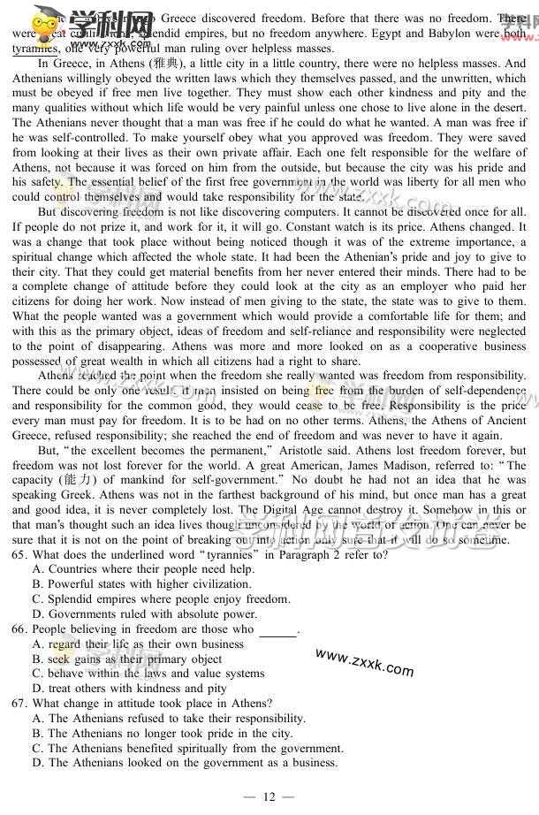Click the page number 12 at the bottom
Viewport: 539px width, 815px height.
[269, 797]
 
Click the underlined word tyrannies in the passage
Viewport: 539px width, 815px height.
[35, 50]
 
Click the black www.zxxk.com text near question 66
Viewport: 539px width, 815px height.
[363, 661]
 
